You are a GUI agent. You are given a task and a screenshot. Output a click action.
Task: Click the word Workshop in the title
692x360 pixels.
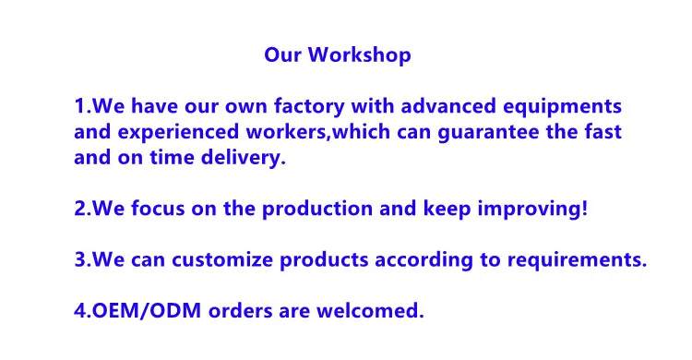pyautogui.click(x=359, y=55)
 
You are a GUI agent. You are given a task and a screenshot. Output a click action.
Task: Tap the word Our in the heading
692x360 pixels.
pyautogui.click(x=283, y=55)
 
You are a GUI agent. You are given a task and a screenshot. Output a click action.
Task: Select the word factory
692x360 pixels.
pyautogui.click(x=309, y=107)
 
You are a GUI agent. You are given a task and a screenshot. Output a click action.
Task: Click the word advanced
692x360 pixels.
pyautogui.click(x=448, y=106)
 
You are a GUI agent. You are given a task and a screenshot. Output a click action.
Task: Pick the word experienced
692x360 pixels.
pyautogui.click(x=178, y=133)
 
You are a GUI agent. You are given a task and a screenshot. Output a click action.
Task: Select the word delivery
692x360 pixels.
pyautogui.click(x=244, y=159)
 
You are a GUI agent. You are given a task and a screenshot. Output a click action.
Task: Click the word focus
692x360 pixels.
pyautogui.click(x=158, y=209)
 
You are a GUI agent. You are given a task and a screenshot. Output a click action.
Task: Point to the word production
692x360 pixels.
pyautogui.click(x=316, y=210)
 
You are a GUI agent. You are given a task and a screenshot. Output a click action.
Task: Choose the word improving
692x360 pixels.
pyautogui.click(x=530, y=210)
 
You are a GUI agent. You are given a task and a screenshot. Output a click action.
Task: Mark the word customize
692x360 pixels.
pyautogui.click(x=222, y=259)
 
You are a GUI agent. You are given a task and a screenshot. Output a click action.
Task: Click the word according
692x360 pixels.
pyautogui.click(x=424, y=260)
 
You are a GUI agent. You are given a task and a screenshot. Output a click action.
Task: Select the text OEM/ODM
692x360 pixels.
pyautogui.click(x=146, y=311)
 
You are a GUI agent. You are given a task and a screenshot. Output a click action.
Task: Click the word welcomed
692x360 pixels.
pyautogui.click(x=366, y=310)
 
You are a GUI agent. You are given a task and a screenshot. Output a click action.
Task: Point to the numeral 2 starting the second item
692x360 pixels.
pyautogui.click(x=79, y=209)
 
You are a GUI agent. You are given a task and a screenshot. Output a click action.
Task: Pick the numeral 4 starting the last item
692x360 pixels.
pyautogui.click(x=79, y=311)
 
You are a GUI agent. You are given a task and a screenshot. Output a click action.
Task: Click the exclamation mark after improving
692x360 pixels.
pyautogui.click(x=585, y=208)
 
